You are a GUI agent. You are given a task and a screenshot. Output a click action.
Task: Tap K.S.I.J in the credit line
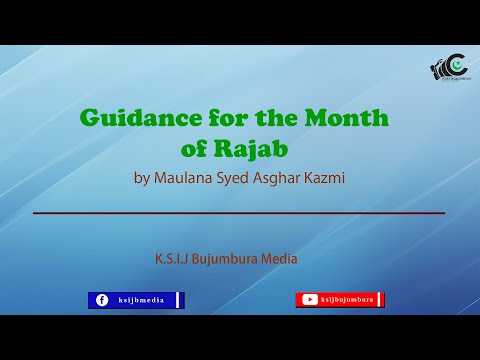pos(174,258)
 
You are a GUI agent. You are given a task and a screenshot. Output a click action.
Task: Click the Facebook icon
pos(101,300)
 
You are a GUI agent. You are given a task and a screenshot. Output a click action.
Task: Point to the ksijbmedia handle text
pos(141,300)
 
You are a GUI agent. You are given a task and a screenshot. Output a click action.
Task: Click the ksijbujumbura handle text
pos(347,300)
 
